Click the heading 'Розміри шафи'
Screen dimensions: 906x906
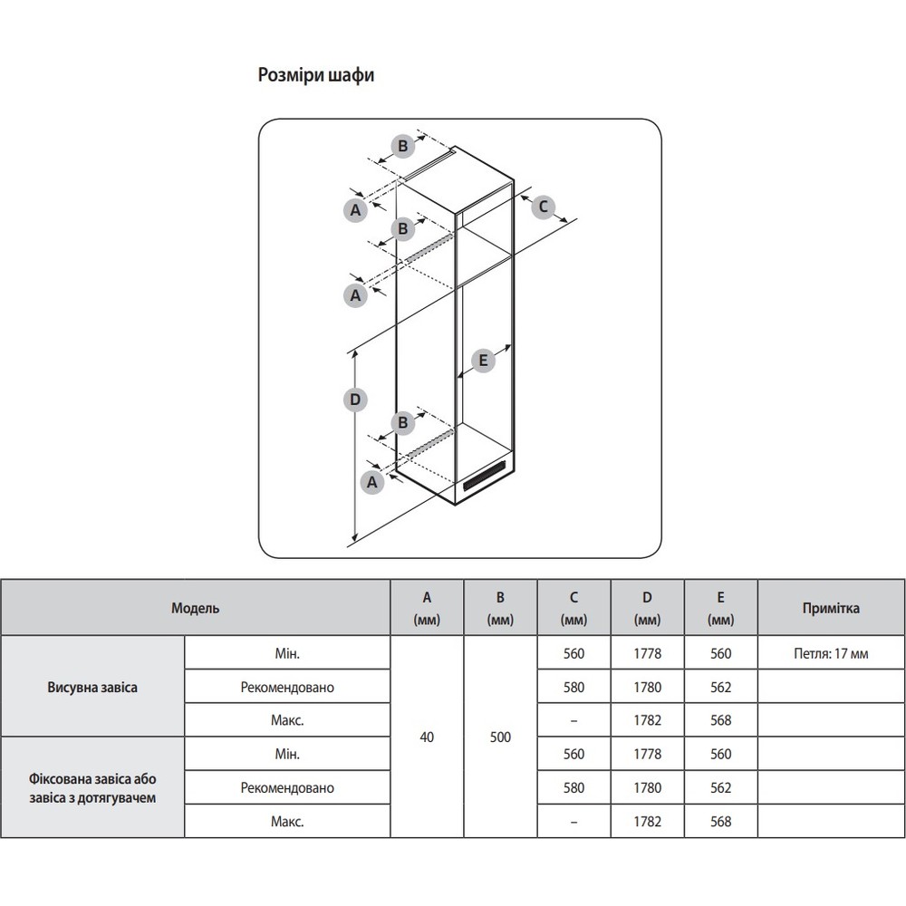pos(316,75)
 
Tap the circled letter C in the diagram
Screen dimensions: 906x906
pos(544,207)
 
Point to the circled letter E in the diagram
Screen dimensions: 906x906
pos(483,360)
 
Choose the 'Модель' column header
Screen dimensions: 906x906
pos(195,608)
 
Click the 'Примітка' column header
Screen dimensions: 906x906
pos(831,608)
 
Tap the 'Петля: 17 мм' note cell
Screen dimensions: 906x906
pos(831,653)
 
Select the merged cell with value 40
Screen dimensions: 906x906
pos(427,737)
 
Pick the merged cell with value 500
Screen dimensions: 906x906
pos(500,737)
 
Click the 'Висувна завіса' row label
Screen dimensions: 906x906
pos(92,687)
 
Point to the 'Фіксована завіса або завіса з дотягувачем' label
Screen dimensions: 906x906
pos(92,787)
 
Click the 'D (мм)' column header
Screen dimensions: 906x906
pos(647,608)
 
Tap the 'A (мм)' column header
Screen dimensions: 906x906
pos(427,608)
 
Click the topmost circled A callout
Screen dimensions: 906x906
pos(356,209)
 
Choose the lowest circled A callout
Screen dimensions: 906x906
pos(370,483)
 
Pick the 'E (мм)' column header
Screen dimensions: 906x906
pos(720,608)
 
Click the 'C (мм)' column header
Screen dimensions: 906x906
pos(573,608)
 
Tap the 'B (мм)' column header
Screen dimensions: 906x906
pos(500,608)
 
